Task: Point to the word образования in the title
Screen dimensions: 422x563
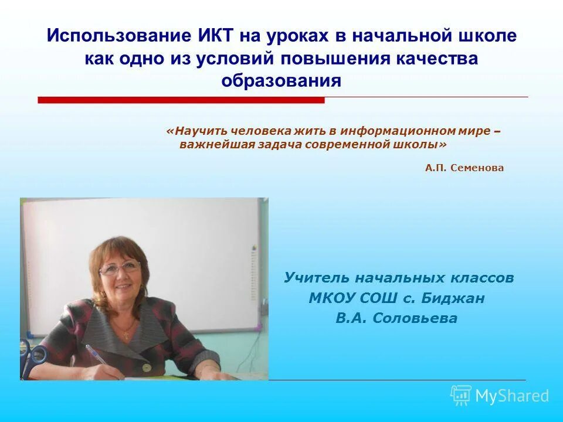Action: [x=281, y=80]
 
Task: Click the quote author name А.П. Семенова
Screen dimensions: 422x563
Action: [x=464, y=168]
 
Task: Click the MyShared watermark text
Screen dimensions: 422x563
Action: [x=511, y=396]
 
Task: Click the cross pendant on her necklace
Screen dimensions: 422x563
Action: [x=124, y=336]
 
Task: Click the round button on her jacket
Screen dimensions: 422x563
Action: [x=145, y=368]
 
